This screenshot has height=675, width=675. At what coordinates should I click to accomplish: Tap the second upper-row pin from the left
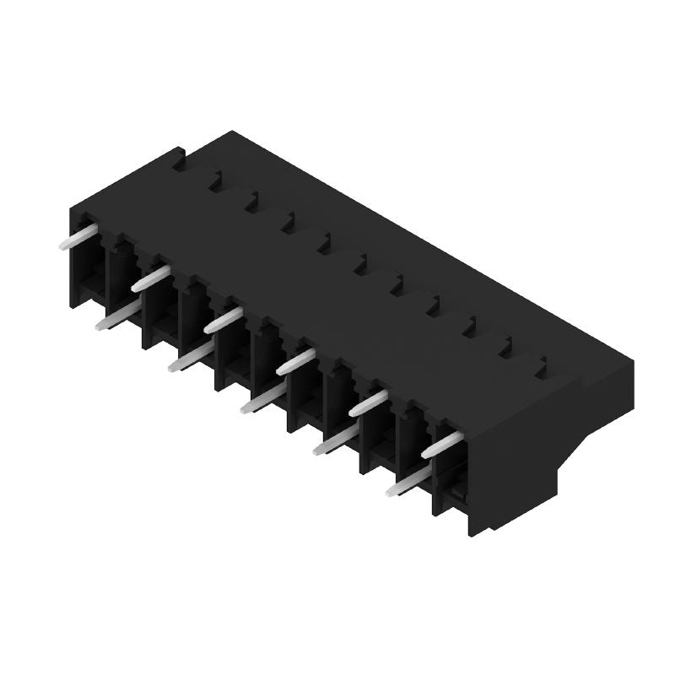150,277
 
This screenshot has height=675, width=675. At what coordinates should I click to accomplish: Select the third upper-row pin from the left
223,319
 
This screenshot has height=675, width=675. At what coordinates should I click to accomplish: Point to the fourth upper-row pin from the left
295,360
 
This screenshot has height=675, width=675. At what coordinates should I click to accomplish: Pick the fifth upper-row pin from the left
368,402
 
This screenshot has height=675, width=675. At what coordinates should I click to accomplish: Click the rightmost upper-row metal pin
441,444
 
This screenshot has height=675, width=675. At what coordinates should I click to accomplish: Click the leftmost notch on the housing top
215,180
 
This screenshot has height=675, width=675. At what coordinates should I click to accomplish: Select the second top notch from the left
251,201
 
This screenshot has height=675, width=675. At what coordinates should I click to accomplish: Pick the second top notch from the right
506,346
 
